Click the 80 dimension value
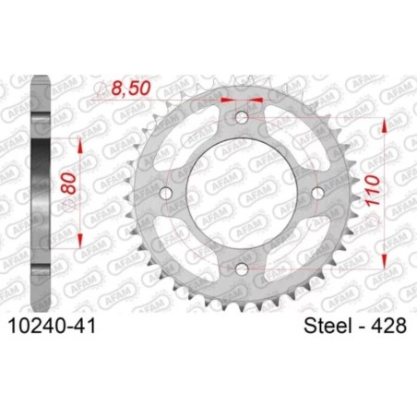tap(67, 191)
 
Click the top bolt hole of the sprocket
tap(242, 118)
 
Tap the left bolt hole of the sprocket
tap(167, 192)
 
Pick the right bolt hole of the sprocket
tap(316, 192)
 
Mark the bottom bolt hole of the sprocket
tap(242, 267)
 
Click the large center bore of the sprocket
tap(242, 192)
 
